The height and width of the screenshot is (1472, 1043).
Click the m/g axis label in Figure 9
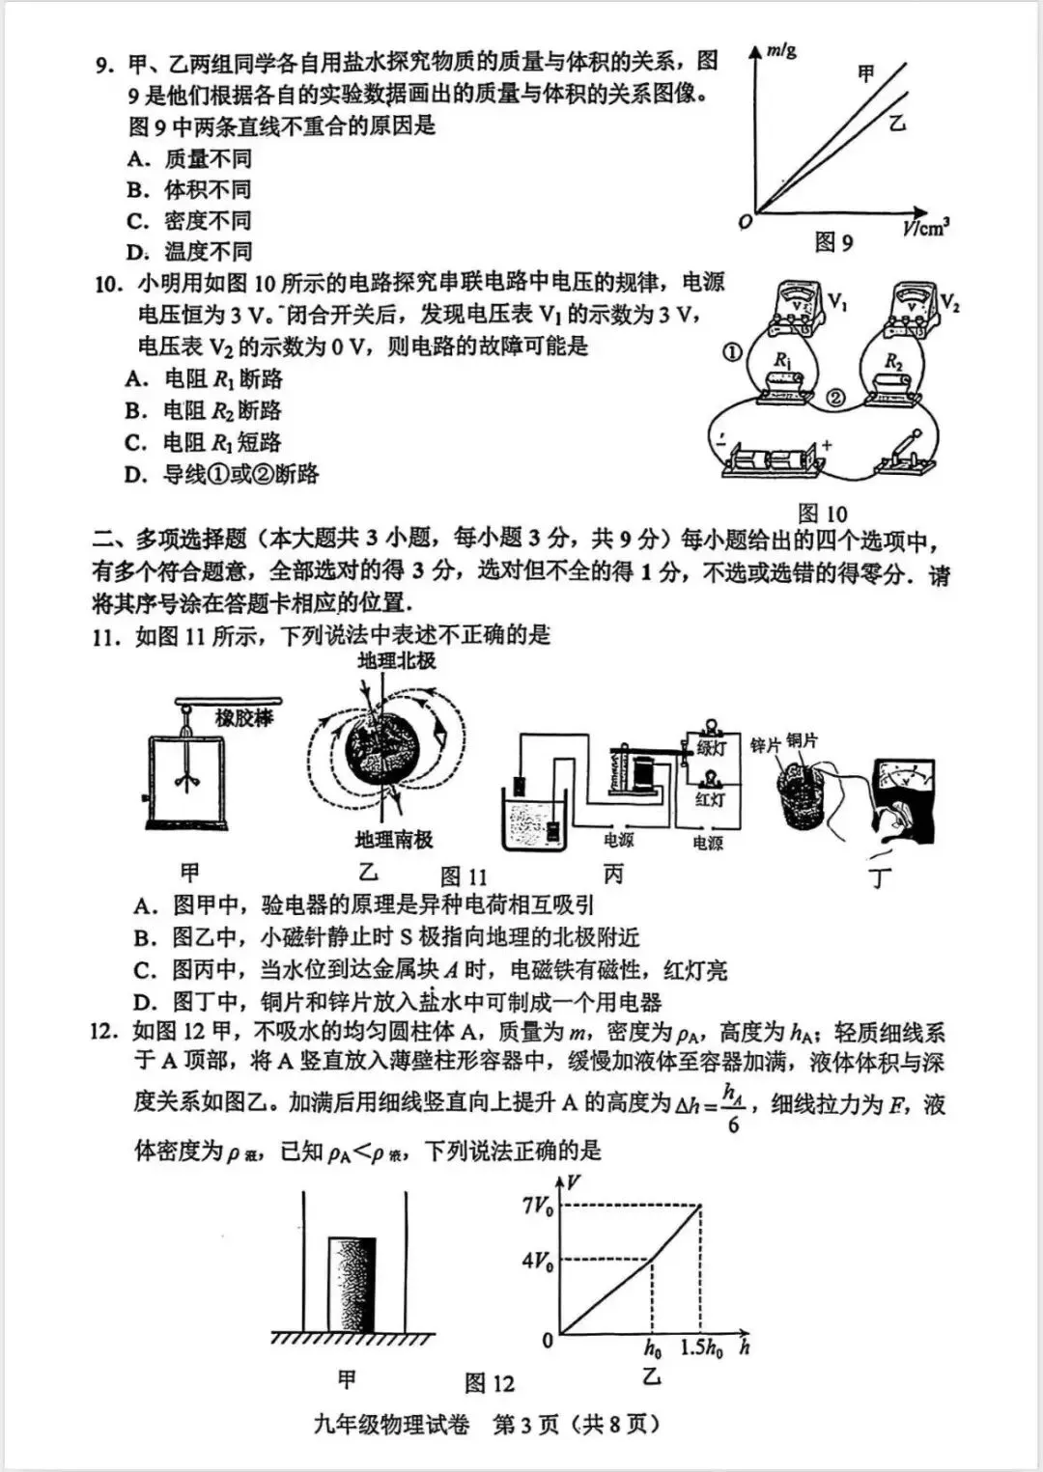[781, 50]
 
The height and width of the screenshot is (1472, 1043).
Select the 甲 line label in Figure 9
[866, 73]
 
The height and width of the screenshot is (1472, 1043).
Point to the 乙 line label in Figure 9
[897, 123]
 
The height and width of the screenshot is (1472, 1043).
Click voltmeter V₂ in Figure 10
[912, 301]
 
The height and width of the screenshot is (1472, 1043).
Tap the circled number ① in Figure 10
[732, 352]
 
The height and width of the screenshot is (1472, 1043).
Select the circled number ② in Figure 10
[836, 398]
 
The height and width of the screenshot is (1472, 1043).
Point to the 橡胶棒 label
[244, 718]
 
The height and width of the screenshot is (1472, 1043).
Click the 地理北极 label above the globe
[396, 661]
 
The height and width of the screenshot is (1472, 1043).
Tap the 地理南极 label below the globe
[394, 839]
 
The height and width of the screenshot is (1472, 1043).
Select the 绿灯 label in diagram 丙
[711, 747]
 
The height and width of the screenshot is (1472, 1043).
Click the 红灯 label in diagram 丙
[710, 799]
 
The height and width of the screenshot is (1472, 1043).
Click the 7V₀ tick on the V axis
[537, 1206]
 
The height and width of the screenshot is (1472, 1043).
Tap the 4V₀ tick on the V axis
[537, 1261]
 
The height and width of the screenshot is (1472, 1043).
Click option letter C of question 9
[138, 221]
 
